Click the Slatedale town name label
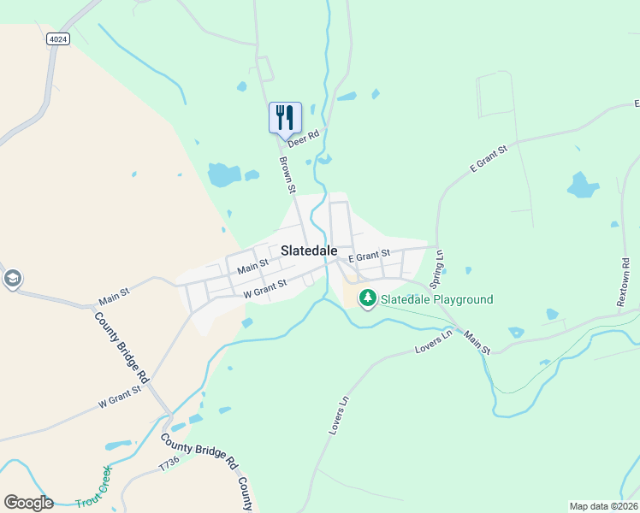coord(308,250)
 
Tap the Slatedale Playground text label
coord(436,299)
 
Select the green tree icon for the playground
coord(368,298)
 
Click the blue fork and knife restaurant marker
coord(285,118)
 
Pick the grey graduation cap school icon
coord(13,279)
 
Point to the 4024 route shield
coord(57,38)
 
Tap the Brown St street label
coord(287,174)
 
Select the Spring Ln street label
coord(437,268)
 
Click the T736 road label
coord(169,464)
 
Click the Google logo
coord(28,502)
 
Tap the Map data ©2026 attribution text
coord(602,506)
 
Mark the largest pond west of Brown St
coord(223,174)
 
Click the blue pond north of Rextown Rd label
coord(582,185)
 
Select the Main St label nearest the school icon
coord(113,297)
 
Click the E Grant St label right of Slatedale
coord(369,255)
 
